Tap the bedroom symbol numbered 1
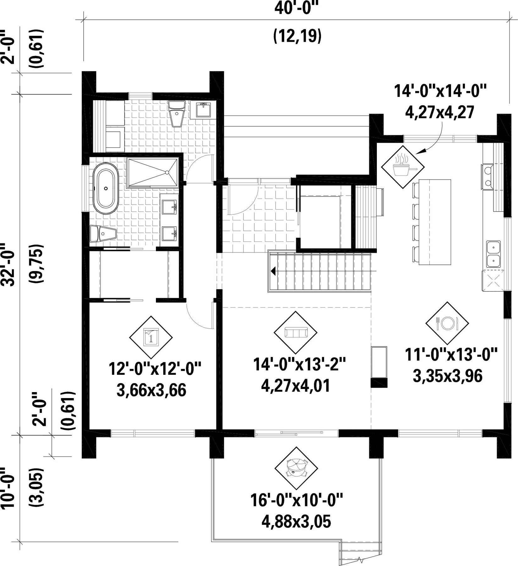click(151, 337)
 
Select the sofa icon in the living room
click(295, 332)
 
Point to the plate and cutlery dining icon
click(447, 323)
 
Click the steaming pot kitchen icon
click(403, 167)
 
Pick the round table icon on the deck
click(295, 468)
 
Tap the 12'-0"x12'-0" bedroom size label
click(155, 369)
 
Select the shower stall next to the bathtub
click(152, 172)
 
